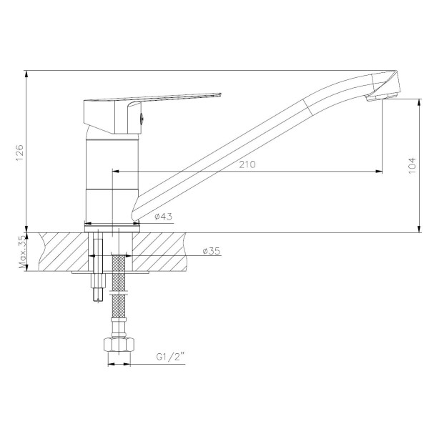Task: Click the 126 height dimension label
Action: click(x=20, y=153)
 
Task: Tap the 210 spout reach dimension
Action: click(x=247, y=164)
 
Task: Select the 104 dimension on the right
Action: click(x=412, y=165)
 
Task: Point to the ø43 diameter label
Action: click(x=163, y=217)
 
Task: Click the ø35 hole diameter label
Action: click(x=211, y=251)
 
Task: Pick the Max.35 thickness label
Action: click(x=23, y=252)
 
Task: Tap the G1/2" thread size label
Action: click(x=170, y=357)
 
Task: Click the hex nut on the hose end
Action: click(x=119, y=345)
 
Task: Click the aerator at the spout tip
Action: click(x=381, y=97)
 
